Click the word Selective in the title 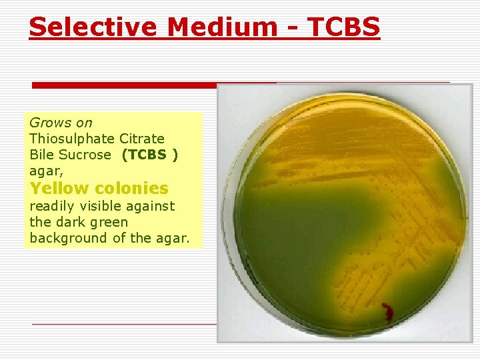point(94,27)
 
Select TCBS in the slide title point(347,27)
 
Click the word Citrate point(142,139)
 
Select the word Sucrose point(84,155)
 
